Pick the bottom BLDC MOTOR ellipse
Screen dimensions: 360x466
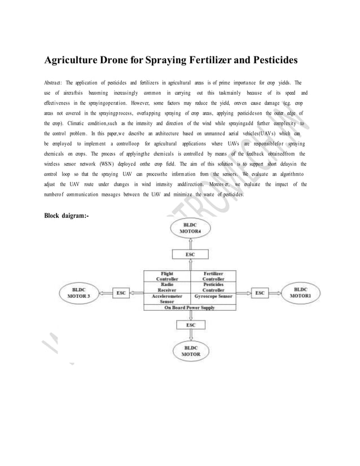click(191, 351)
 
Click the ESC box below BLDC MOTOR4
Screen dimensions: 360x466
click(191, 255)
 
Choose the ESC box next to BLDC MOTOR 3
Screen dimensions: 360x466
click(121, 293)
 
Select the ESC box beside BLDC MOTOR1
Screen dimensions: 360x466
click(260, 293)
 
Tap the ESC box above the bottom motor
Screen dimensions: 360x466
click(191, 326)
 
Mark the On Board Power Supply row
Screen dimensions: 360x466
click(191, 307)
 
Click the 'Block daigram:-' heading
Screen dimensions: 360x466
click(66, 215)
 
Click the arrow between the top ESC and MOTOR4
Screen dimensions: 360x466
click(191, 243)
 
